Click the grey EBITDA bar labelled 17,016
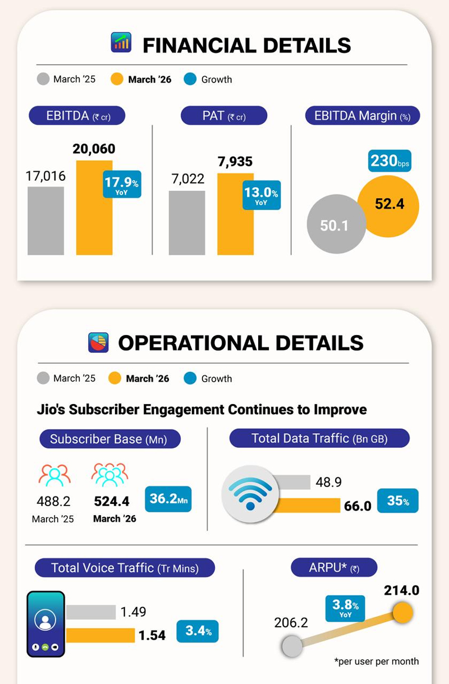coord(45,221)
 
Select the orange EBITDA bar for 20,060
coord(94,208)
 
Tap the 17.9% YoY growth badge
coord(122,183)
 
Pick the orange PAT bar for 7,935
coord(236,214)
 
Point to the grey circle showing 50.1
coord(335,225)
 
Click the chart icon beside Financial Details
coord(121,43)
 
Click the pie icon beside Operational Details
coord(98,342)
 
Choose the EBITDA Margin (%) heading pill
coord(363,116)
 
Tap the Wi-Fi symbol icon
coord(250,493)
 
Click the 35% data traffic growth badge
coord(397,501)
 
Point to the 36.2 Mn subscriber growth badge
coord(168,499)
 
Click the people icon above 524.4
coord(110,475)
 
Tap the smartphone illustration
coord(46,623)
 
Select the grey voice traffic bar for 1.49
coord(91,612)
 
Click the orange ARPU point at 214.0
coord(402,613)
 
